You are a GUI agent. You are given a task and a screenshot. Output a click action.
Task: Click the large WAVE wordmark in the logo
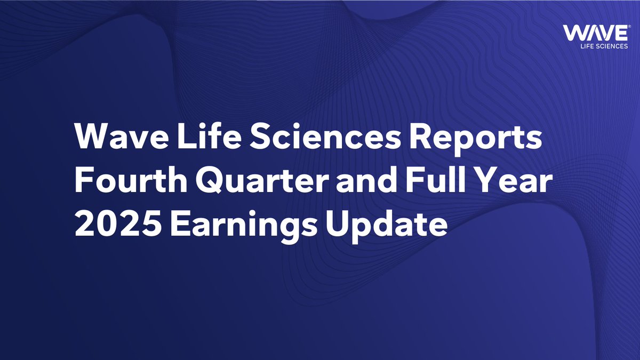595,33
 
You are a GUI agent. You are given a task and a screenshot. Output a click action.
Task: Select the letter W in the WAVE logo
574,33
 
